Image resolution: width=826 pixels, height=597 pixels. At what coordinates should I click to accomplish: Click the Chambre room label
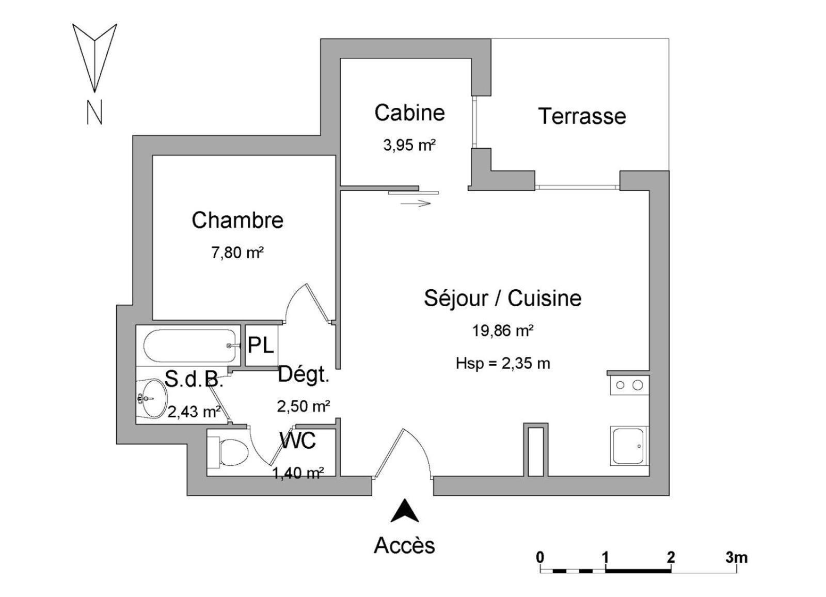click(x=237, y=221)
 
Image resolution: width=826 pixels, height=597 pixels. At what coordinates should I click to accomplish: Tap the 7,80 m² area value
click(x=237, y=253)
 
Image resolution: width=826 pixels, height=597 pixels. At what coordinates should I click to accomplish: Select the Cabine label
click(x=410, y=113)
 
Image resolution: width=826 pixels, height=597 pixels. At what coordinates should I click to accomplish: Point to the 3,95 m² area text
click(x=409, y=145)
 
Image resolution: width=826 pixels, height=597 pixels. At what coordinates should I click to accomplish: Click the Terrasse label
click(x=582, y=116)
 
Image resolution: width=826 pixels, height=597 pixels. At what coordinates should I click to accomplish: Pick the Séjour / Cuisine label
click(x=503, y=298)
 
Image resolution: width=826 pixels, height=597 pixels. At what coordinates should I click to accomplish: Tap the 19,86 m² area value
click(x=503, y=331)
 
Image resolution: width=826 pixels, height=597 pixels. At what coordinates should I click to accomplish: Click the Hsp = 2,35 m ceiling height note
click(x=503, y=364)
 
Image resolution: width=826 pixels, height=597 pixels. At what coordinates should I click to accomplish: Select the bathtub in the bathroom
click(x=190, y=345)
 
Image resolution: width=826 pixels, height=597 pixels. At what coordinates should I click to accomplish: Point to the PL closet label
click(x=261, y=345)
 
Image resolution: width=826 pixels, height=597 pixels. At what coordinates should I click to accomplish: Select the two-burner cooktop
click(x=629, y=385)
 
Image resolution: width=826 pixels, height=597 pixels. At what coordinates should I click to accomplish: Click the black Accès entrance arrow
click(x=405, y=511)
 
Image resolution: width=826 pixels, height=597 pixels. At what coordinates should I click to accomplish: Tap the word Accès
click(x=405, y=545)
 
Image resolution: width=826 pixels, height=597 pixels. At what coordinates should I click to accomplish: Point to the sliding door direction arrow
click(x=416, y=203)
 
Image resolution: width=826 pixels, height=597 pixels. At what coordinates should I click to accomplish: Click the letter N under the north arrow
click(x=94, y=112)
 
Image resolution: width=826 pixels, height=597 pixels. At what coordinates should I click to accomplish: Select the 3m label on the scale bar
click(x=736, y=557)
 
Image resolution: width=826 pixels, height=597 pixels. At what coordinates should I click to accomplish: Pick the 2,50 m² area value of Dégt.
click(x=304, y=406)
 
